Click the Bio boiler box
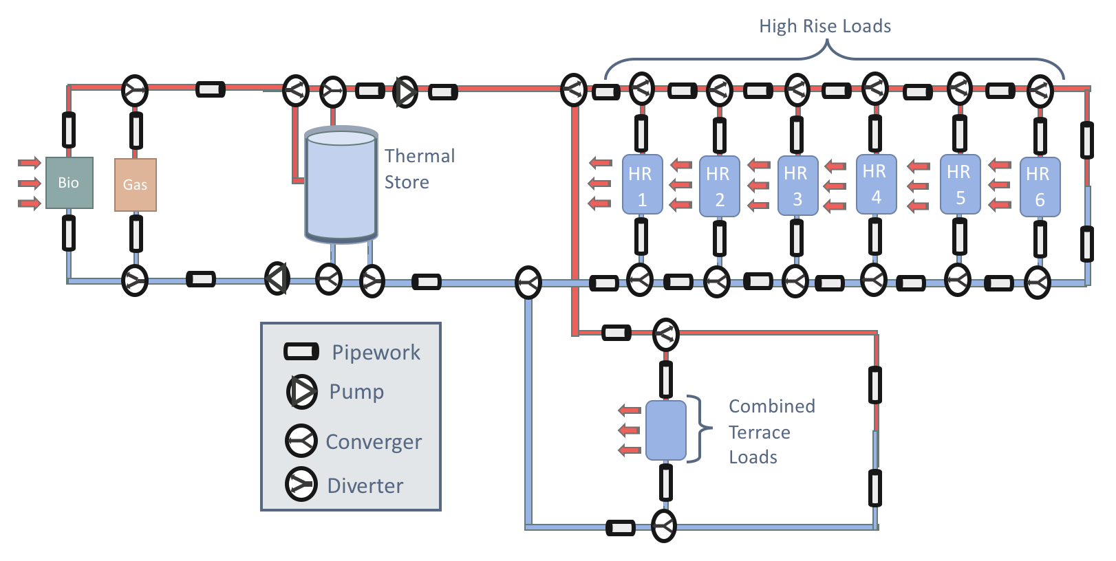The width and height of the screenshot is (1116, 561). [x=69, y=183]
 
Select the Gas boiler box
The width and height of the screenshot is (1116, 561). [x=135, y=184]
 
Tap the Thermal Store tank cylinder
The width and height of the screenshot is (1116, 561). [x=341, y=184]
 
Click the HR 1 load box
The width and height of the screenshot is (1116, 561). [x=642, y=185]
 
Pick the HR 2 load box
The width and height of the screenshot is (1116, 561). [x=719, y=186]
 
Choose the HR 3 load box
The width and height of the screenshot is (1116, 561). [x=797, y=186]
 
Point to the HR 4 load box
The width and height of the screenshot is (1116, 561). [x=876, y=184]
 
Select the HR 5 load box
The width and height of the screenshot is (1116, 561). [x=960, y=184]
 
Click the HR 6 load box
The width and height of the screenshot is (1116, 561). [x=1040, y=186]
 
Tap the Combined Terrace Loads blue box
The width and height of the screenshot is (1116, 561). [x=665, y=430]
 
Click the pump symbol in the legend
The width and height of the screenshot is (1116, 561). [x=301, y=391]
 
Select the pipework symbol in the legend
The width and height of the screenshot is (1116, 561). [x=301, y=352]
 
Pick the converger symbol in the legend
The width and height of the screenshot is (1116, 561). [x=301, y=441]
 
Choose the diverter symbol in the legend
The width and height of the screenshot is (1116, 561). [x=301, y=484]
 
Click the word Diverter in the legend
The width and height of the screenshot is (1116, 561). [x=365, y=485]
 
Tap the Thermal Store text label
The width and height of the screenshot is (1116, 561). [x=419, y=169]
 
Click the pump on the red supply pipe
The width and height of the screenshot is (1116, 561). [x=405, y=91]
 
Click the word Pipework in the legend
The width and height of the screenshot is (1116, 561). [x=376, y=352]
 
